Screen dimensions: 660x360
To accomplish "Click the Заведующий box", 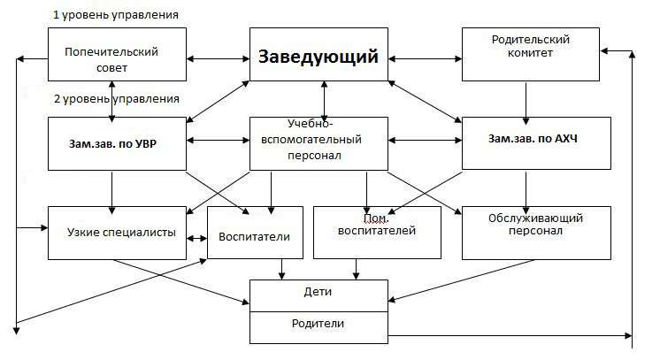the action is [318, 54].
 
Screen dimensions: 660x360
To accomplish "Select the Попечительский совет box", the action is [117, 54].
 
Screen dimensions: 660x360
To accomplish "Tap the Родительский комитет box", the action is [530, 54].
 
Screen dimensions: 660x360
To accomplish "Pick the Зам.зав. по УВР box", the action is [117, 143].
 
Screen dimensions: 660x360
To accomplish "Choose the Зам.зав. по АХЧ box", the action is [536, 143].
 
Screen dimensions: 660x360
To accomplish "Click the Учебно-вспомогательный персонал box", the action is [318, 143].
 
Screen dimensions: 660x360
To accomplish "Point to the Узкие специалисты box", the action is [117, 233].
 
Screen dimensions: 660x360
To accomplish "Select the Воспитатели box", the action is [255, 233].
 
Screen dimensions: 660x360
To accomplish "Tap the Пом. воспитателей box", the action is [377, 233].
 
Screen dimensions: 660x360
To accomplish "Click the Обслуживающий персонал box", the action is [536, 233].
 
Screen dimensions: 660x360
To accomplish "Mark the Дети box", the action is [318, 296].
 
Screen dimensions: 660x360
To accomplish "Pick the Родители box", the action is [318, 327].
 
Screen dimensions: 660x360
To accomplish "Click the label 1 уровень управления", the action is [116, 15].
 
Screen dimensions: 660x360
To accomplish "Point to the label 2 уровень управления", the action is [117, 99].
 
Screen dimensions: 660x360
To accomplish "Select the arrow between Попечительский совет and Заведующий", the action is [218, 59].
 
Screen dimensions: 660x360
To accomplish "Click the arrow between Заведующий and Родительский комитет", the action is [426, 59].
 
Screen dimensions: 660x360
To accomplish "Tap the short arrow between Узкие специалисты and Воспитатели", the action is [196, 238].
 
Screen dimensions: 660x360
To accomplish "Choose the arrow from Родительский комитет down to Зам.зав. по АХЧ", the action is [526, 103].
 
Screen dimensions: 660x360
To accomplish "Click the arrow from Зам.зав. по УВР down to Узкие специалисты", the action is [112, 193].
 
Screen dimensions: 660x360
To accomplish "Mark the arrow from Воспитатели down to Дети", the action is [282, 270].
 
